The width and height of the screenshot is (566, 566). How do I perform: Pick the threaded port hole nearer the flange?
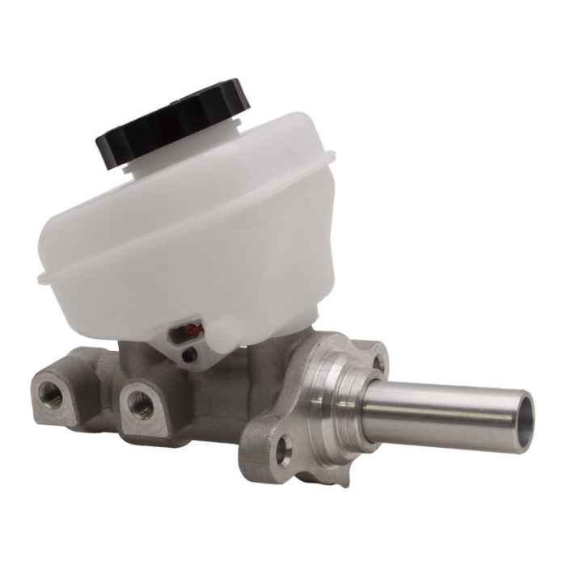point(140,403)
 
